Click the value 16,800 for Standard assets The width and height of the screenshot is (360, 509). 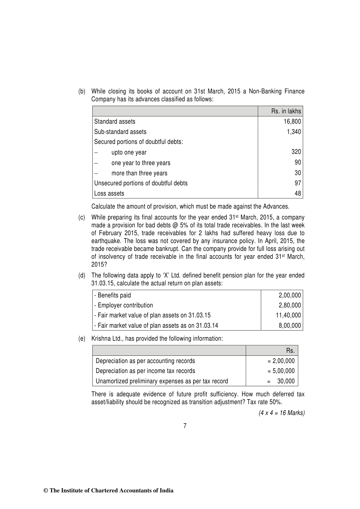292,122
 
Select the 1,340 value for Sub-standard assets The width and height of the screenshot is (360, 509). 294,132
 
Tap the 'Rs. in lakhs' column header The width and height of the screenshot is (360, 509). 286,111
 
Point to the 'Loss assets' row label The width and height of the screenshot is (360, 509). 109,193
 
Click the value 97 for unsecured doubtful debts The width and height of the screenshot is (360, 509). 298,183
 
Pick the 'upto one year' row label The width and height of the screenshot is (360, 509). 129,153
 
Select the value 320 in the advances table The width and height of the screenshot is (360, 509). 296,152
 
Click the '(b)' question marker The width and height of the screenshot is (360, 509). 82,91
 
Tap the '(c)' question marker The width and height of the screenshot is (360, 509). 82,218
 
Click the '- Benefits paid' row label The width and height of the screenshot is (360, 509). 112,295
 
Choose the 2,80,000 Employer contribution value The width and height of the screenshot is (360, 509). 290,305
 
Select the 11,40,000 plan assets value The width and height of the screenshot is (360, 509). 288,315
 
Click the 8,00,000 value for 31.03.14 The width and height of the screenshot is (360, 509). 290,326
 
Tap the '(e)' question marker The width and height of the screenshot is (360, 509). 82,339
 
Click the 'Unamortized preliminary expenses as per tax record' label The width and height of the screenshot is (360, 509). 162,381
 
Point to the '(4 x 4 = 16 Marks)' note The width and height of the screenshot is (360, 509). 281,413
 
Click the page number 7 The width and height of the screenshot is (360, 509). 185,426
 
